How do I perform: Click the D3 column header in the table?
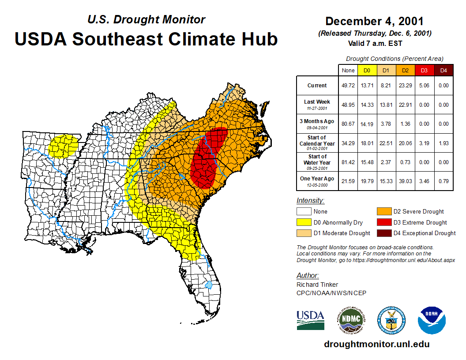point(424,70)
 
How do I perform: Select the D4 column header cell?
point(443,70)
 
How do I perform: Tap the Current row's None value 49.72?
point(348,86)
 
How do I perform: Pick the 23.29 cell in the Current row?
point(405,86)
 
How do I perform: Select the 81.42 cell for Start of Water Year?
point(348,162)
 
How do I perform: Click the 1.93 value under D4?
point(443,143)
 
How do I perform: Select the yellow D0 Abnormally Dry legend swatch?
point(304,222)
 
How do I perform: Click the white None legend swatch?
point(304,212)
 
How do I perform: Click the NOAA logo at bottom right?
point(432,320)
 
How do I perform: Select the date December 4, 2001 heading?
point(374,22)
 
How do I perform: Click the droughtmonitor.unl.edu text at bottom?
point(376,344)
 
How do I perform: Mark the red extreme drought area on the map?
point(207,159)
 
